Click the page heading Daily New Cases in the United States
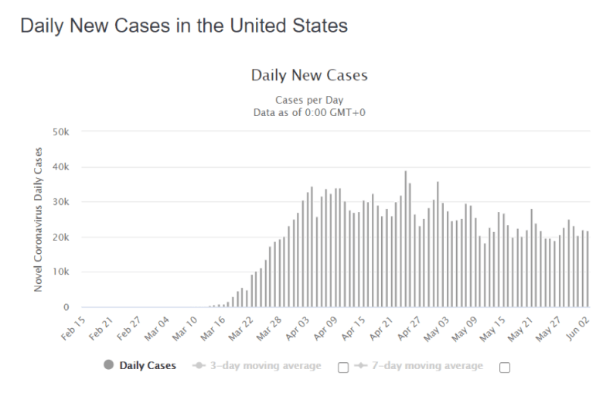pyautogui.click(x=184, y=26)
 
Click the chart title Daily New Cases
pyautogui.click(x=309, y=75)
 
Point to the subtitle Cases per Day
pyautogui.click(x=309, y=100)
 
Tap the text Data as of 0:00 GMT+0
pyautogui.click(x=309, y=112)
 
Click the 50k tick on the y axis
pyautogui.click(x=61, y=132)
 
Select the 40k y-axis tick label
pyautogui.click(x=61, y=167)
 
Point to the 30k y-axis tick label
pyautogui.click(x=61, y=202)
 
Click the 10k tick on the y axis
pyautogui.click(x=61, y=272)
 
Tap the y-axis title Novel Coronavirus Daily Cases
pyautogui.click(x=39, y=220)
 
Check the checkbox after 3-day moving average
pyautogui.click(x=343, y=368)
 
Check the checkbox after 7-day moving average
pyautogui.click(x=505, y=368)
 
